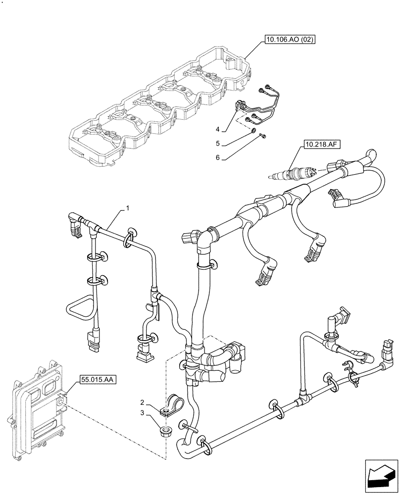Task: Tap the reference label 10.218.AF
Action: [x=319, y=145]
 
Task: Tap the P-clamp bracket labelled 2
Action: [x=172, y=403]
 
